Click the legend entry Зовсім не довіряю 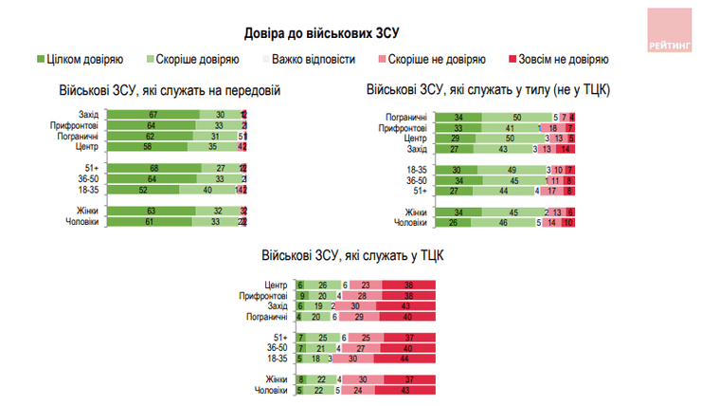point(566,59)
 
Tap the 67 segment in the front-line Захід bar point(152,115)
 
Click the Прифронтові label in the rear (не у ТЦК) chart point(402,127)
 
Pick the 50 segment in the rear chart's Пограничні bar point(515,117)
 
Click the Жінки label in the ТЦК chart point(277,379)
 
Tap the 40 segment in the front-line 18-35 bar point(208,190)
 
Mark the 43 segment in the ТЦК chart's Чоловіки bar point(405,390)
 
